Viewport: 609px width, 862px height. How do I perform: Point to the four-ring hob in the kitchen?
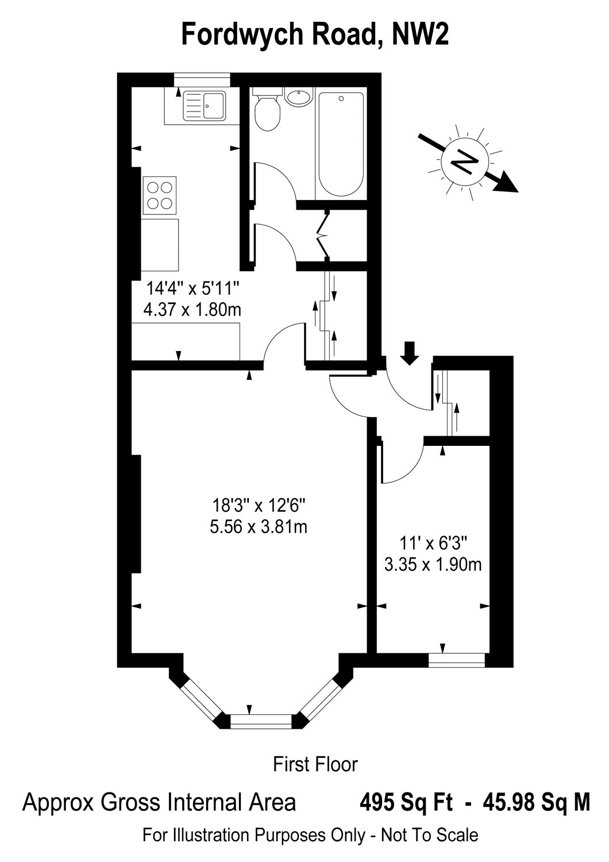[160, 195]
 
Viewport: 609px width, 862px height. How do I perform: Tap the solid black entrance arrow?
[410, 353]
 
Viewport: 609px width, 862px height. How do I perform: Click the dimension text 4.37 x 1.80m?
[192, 309]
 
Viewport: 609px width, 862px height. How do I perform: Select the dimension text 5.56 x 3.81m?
[258, 527]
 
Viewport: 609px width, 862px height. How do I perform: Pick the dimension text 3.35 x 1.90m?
[433, 565]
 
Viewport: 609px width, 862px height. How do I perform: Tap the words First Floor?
[315, 764]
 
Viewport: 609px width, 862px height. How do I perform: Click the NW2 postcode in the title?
[420, 34]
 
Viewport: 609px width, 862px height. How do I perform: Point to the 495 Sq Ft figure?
[406, 803]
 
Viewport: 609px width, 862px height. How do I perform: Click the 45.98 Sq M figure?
[535, 803]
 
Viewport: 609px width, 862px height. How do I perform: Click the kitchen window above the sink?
[202, 80]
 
